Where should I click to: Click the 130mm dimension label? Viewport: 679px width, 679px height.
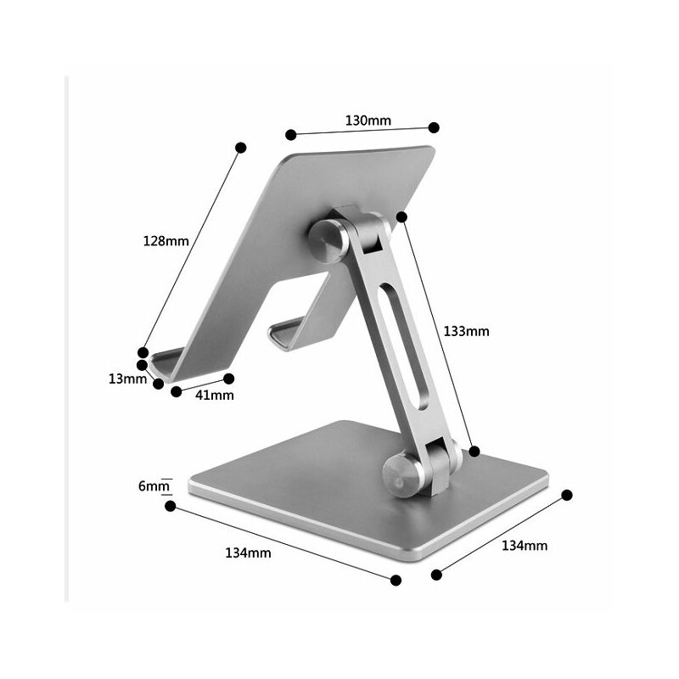[x=368, y=120]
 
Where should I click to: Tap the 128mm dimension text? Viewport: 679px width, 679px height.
[x=166, y=241]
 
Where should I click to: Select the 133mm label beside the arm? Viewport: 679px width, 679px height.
[x=466, y=331]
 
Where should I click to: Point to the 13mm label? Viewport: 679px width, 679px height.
[x=128, y=379]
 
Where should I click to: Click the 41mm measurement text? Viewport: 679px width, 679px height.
[x=215, y=395]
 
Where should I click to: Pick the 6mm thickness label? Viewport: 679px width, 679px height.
[x=154, y=486]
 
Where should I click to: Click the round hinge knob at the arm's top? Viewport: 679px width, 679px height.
[x=328, y=241]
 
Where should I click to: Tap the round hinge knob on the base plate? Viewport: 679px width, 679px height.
[x=402, y=475]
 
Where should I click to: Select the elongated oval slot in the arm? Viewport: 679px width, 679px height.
[x=404, y=345]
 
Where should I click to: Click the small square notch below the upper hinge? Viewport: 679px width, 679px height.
[x=372, y=245]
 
